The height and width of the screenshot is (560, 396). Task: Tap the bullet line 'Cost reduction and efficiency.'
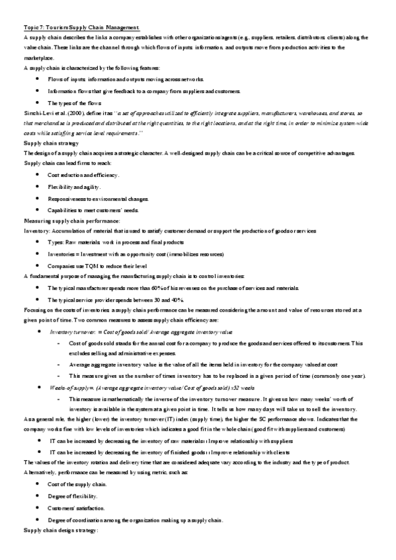pos(83,174)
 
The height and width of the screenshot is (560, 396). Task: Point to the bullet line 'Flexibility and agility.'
pos(74,187)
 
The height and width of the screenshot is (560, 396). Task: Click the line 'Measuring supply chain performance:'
pos(72,220)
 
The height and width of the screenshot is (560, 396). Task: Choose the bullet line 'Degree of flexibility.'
pos(73,497)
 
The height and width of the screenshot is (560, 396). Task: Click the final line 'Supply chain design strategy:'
pos(61,531)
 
